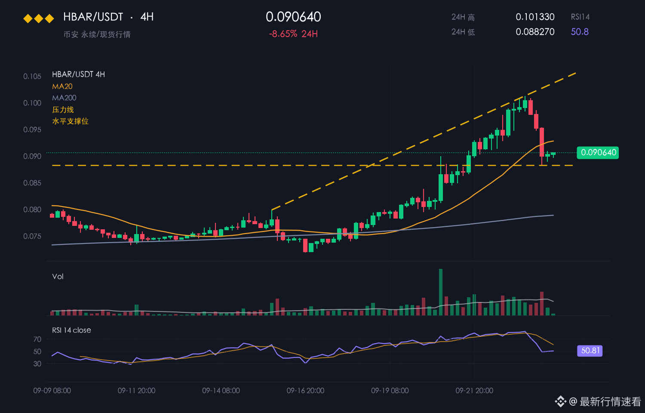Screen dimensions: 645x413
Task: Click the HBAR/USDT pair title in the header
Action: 93,17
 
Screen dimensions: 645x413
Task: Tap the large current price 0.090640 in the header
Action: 293,17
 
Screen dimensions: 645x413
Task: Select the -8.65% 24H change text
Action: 293,34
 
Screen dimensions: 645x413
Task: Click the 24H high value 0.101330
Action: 535,17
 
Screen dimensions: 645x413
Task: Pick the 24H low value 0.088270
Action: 535,32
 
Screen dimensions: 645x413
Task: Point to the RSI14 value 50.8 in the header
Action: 580,32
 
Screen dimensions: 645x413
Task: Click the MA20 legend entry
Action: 62,86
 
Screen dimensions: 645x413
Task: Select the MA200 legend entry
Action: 64,98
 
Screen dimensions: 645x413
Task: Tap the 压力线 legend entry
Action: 63,109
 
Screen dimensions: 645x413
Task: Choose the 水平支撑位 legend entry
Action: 70,121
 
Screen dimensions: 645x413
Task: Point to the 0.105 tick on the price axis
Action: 32,76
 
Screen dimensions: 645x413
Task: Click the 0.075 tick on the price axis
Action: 32,236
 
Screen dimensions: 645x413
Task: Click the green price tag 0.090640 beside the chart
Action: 598,152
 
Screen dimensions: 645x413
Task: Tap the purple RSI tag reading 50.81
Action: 590,351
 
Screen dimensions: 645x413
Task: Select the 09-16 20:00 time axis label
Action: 305,391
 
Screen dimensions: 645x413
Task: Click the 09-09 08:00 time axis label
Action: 52,391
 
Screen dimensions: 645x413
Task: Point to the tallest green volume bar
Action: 441,292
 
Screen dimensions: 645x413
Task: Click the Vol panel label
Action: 58,277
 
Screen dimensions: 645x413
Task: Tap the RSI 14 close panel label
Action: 71,330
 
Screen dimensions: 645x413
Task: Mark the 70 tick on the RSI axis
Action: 37,339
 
